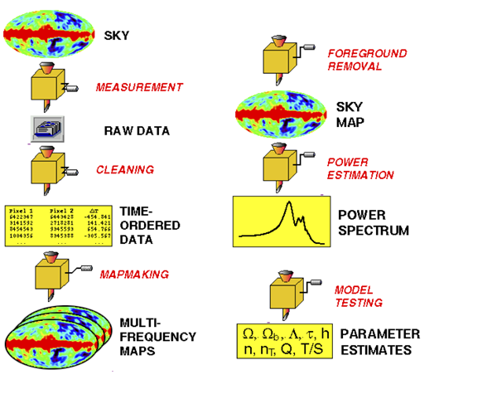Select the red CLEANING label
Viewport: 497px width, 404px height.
(124, 169)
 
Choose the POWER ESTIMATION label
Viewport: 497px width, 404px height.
(359, 169)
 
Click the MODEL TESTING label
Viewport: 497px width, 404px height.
(357, 296)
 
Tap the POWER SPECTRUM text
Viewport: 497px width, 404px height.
(373, 222)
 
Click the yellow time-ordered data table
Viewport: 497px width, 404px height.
(58, 223)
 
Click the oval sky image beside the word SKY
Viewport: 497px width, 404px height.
(49, 34)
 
